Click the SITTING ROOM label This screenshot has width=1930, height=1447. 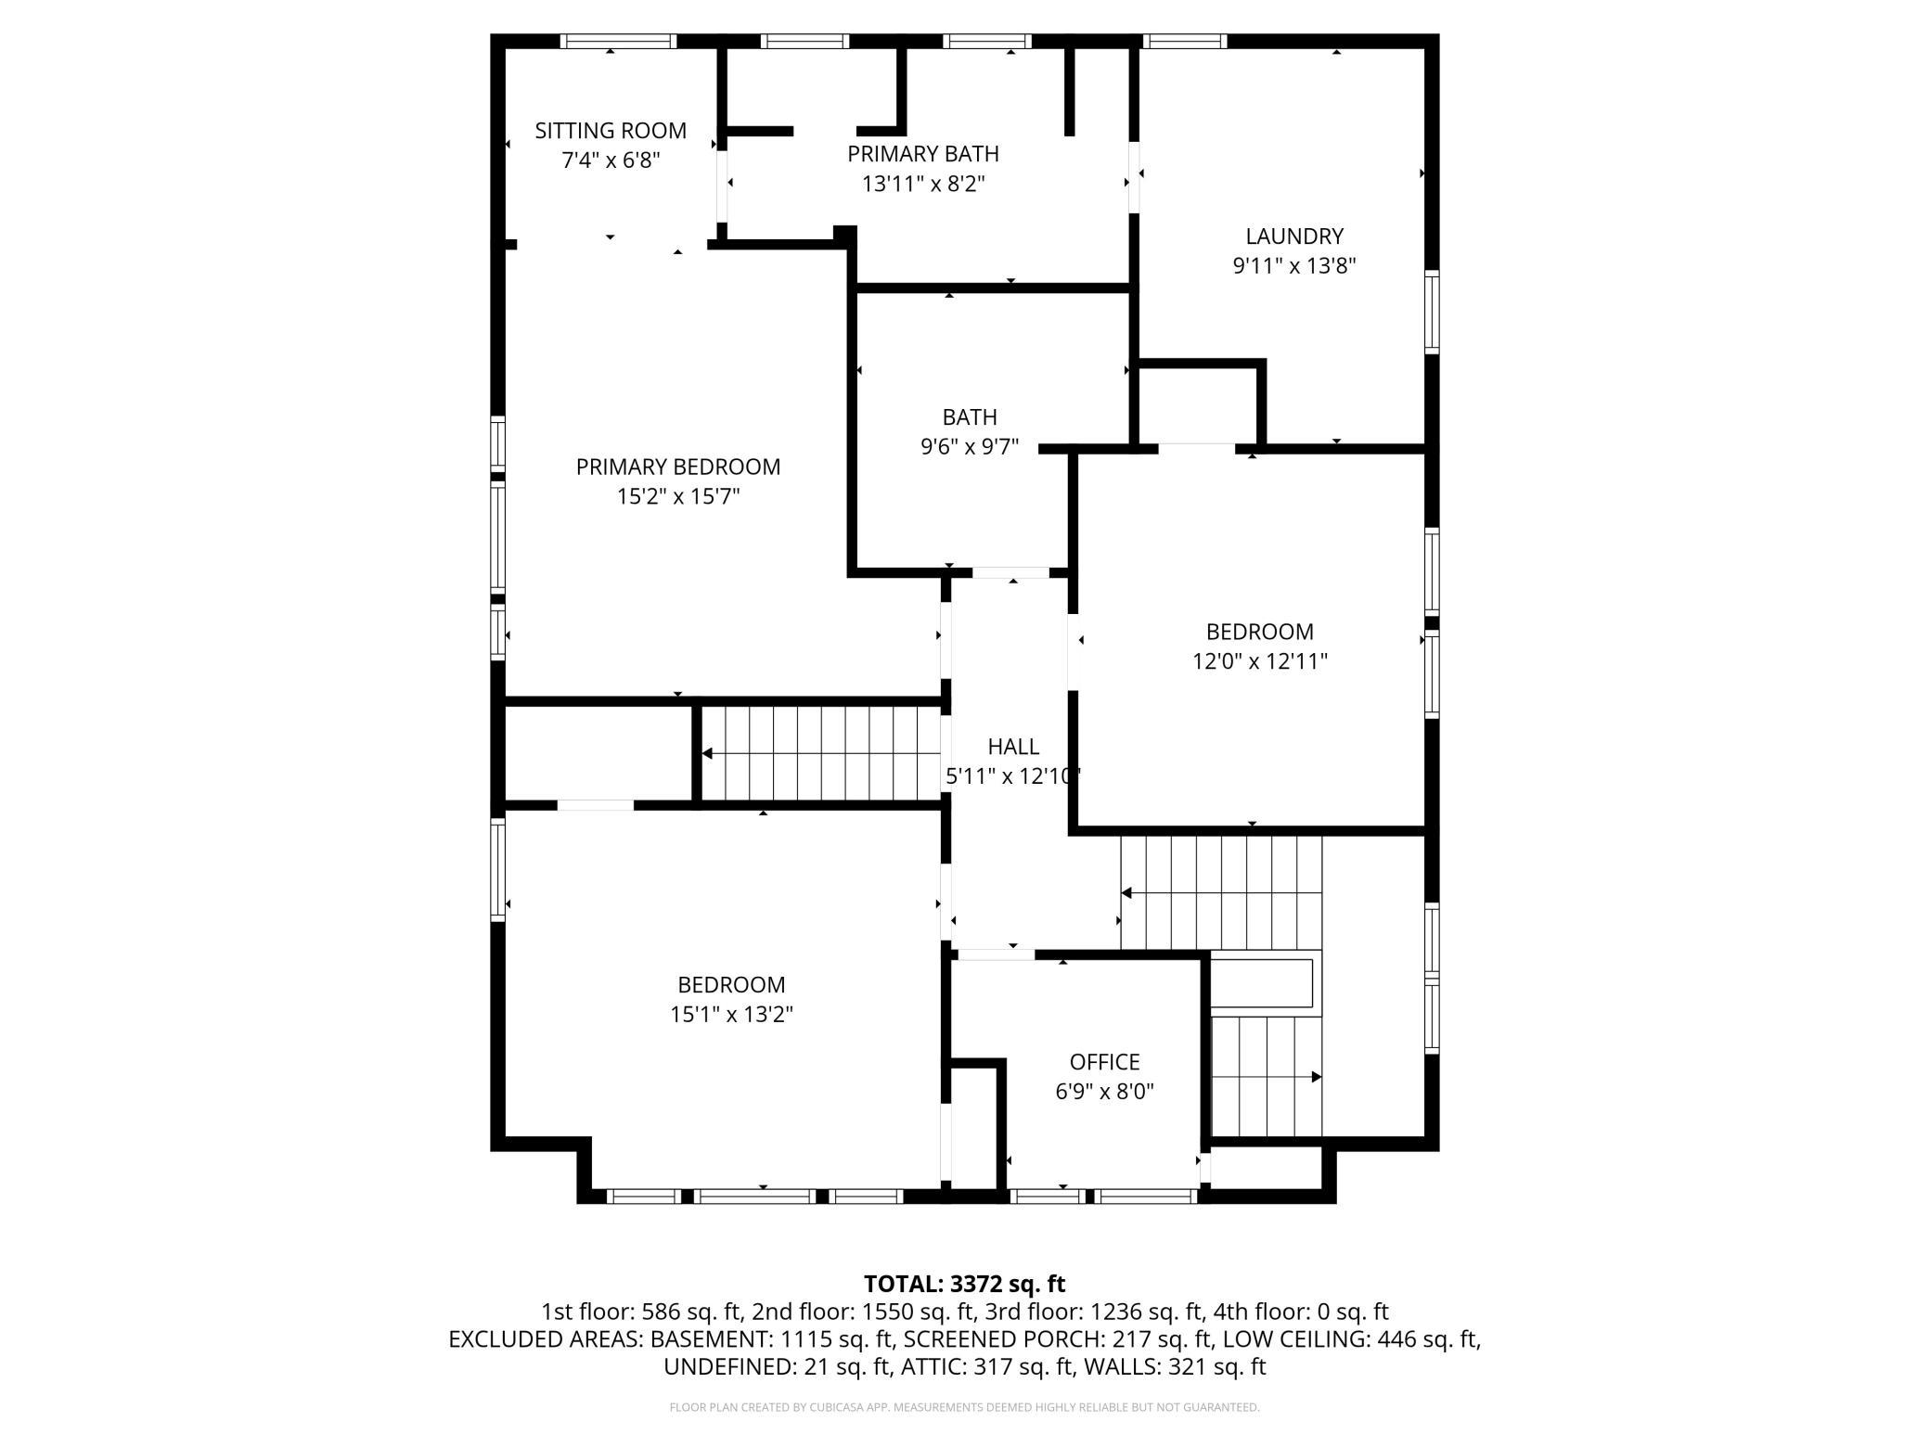(611, 131)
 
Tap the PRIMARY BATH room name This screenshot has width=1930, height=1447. (923, 154)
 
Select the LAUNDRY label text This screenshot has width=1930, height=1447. (1294, 237)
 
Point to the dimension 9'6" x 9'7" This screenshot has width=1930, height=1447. (970, 447)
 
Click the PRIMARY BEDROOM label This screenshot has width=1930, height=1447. (678, 467)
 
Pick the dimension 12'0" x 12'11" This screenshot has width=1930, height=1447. (1260, 661)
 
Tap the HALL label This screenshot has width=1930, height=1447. (1013, 747)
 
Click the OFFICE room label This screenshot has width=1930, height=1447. (1104, 1062)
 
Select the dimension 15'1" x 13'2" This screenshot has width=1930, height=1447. (731, 1015)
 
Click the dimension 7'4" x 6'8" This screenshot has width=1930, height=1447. (611, 160)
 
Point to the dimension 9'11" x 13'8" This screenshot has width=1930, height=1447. (1294, 266)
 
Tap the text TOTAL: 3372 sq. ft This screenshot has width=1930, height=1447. (965, 1284)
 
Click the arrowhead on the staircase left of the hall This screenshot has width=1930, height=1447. (707, 753)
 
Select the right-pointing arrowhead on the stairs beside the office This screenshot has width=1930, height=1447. (1316, 1077)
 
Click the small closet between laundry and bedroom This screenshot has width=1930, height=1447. (1198, 405)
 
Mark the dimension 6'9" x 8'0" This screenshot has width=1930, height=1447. (1104, 1092)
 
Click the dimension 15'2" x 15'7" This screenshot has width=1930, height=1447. (678, 496)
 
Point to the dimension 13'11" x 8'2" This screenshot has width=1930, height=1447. (923, 184)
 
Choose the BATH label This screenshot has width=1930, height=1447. (970, 417)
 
